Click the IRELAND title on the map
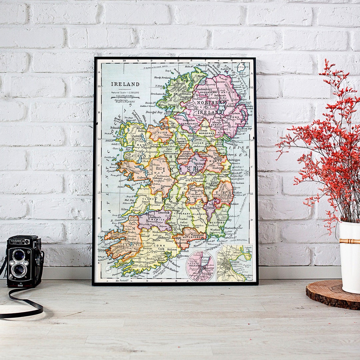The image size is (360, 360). coord(125,84)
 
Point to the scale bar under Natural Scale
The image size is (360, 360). coord(125,98)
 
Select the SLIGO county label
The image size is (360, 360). coord(155,132)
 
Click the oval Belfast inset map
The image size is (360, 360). coord(200,266)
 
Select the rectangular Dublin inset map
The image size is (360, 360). coord(234,263)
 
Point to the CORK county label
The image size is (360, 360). coord(157,245)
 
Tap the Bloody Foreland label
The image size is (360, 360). coord(162,78)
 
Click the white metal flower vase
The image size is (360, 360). coord(350,257)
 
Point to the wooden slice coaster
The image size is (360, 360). coord(333,295)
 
